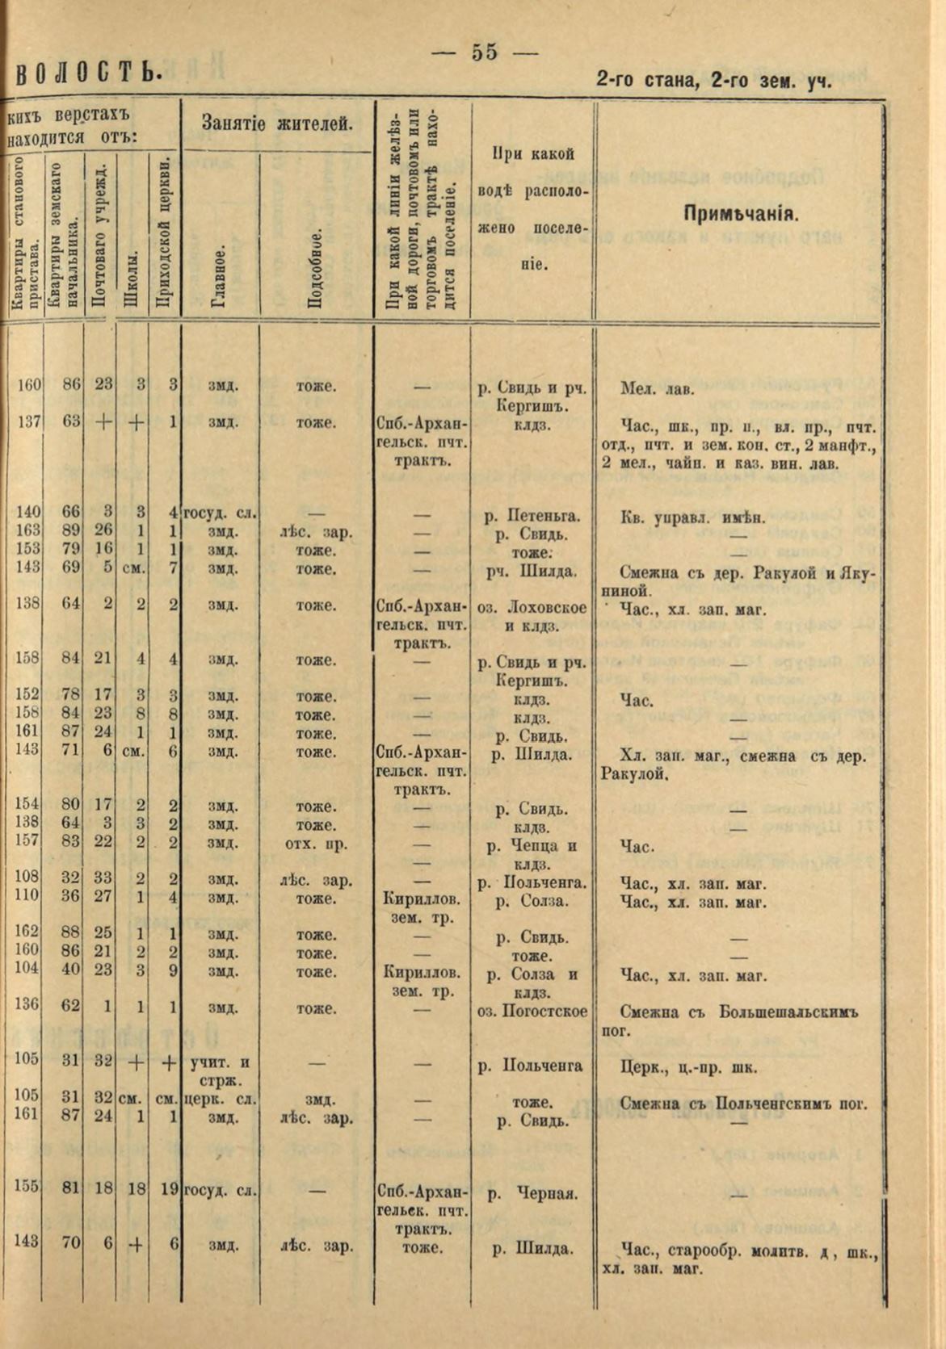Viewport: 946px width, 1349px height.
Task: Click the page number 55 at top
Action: [x=484, y=52]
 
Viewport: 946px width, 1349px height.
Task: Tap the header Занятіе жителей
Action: [x=277, y=124]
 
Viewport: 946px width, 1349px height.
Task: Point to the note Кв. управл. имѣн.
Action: [x=692, y=517]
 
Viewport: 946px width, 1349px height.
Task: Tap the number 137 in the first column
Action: [x=27, y=421]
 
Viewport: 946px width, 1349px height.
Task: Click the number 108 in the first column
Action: [x=27, y=878]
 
